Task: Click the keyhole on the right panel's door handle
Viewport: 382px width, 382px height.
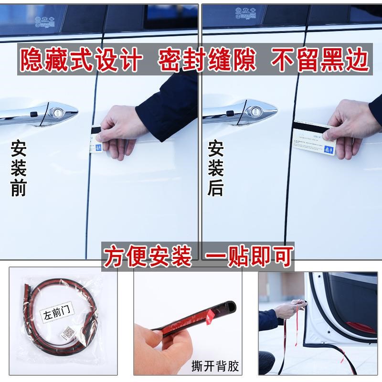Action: coord(255,113)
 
